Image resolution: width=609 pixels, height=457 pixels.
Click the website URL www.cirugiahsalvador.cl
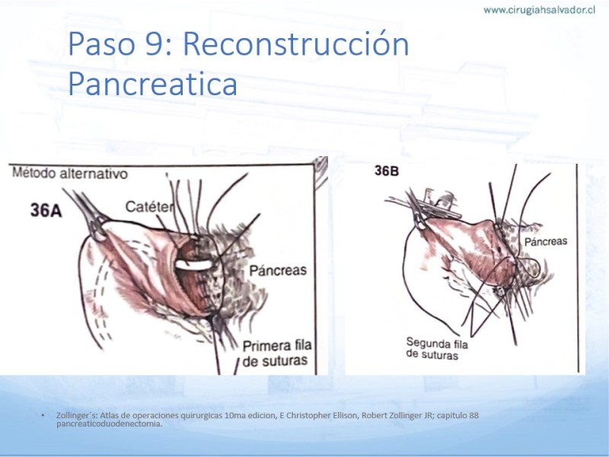click(539, 10)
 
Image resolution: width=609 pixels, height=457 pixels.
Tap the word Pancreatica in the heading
click(153, 84)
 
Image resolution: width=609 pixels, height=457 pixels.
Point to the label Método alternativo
click(70, 174)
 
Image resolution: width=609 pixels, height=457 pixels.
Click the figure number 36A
click(46, 211)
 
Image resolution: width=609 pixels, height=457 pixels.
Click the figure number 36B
click(387, 171)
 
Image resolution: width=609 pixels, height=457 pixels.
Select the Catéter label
click(148, 206)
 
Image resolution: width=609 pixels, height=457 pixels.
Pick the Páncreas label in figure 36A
click(278, 270)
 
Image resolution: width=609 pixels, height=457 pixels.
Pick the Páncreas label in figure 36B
click(546, 241)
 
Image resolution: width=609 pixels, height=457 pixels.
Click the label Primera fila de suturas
click(277, 353)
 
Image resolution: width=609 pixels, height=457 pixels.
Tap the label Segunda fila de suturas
click(437, 349)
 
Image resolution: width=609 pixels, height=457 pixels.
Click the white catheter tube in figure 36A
click(194, 264)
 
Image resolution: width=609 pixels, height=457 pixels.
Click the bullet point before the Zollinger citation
click(43, 415)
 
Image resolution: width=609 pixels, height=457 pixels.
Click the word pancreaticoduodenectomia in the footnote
click(109, 423)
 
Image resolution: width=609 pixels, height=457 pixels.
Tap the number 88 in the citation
click(473, 415)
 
